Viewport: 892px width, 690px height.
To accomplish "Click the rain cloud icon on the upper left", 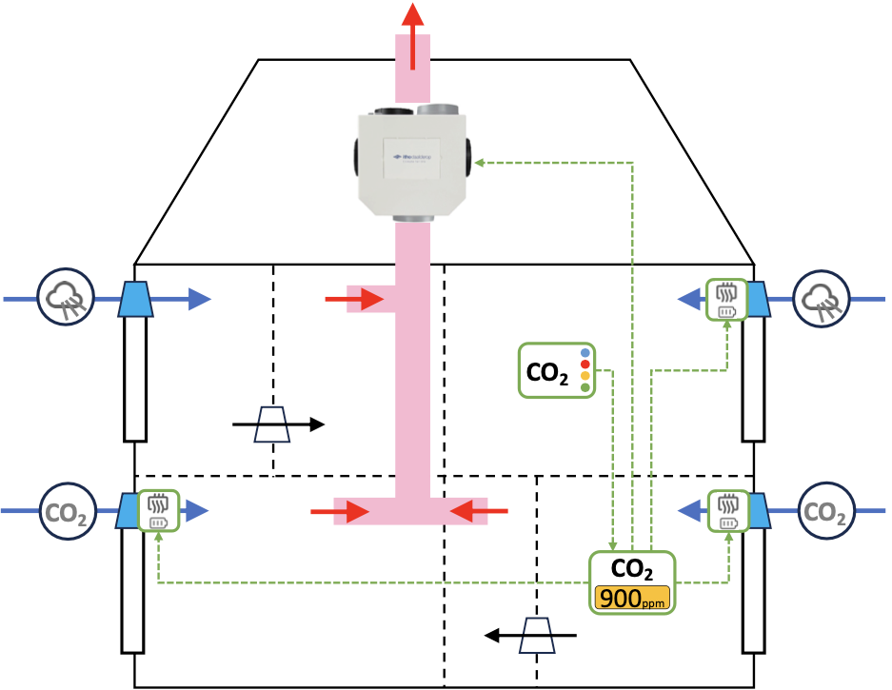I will point(65,299).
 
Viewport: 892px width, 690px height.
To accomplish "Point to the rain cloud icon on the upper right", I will point(821,299).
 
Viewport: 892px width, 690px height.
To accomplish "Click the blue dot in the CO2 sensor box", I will point(584,352).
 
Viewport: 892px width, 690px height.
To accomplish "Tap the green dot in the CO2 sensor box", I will point(584,387).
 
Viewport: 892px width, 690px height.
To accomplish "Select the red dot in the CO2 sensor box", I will point(584,364).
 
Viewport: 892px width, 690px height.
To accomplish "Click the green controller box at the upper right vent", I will point(726,299).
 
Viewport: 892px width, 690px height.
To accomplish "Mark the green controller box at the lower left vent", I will point(158,512).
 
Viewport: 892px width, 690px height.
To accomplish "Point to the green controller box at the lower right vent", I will point(727,512).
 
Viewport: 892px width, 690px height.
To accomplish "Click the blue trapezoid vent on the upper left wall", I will point(134,299).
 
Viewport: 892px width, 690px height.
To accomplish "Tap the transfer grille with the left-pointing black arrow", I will point(537,634).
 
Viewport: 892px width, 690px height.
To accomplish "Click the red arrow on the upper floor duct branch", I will point(354,300).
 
